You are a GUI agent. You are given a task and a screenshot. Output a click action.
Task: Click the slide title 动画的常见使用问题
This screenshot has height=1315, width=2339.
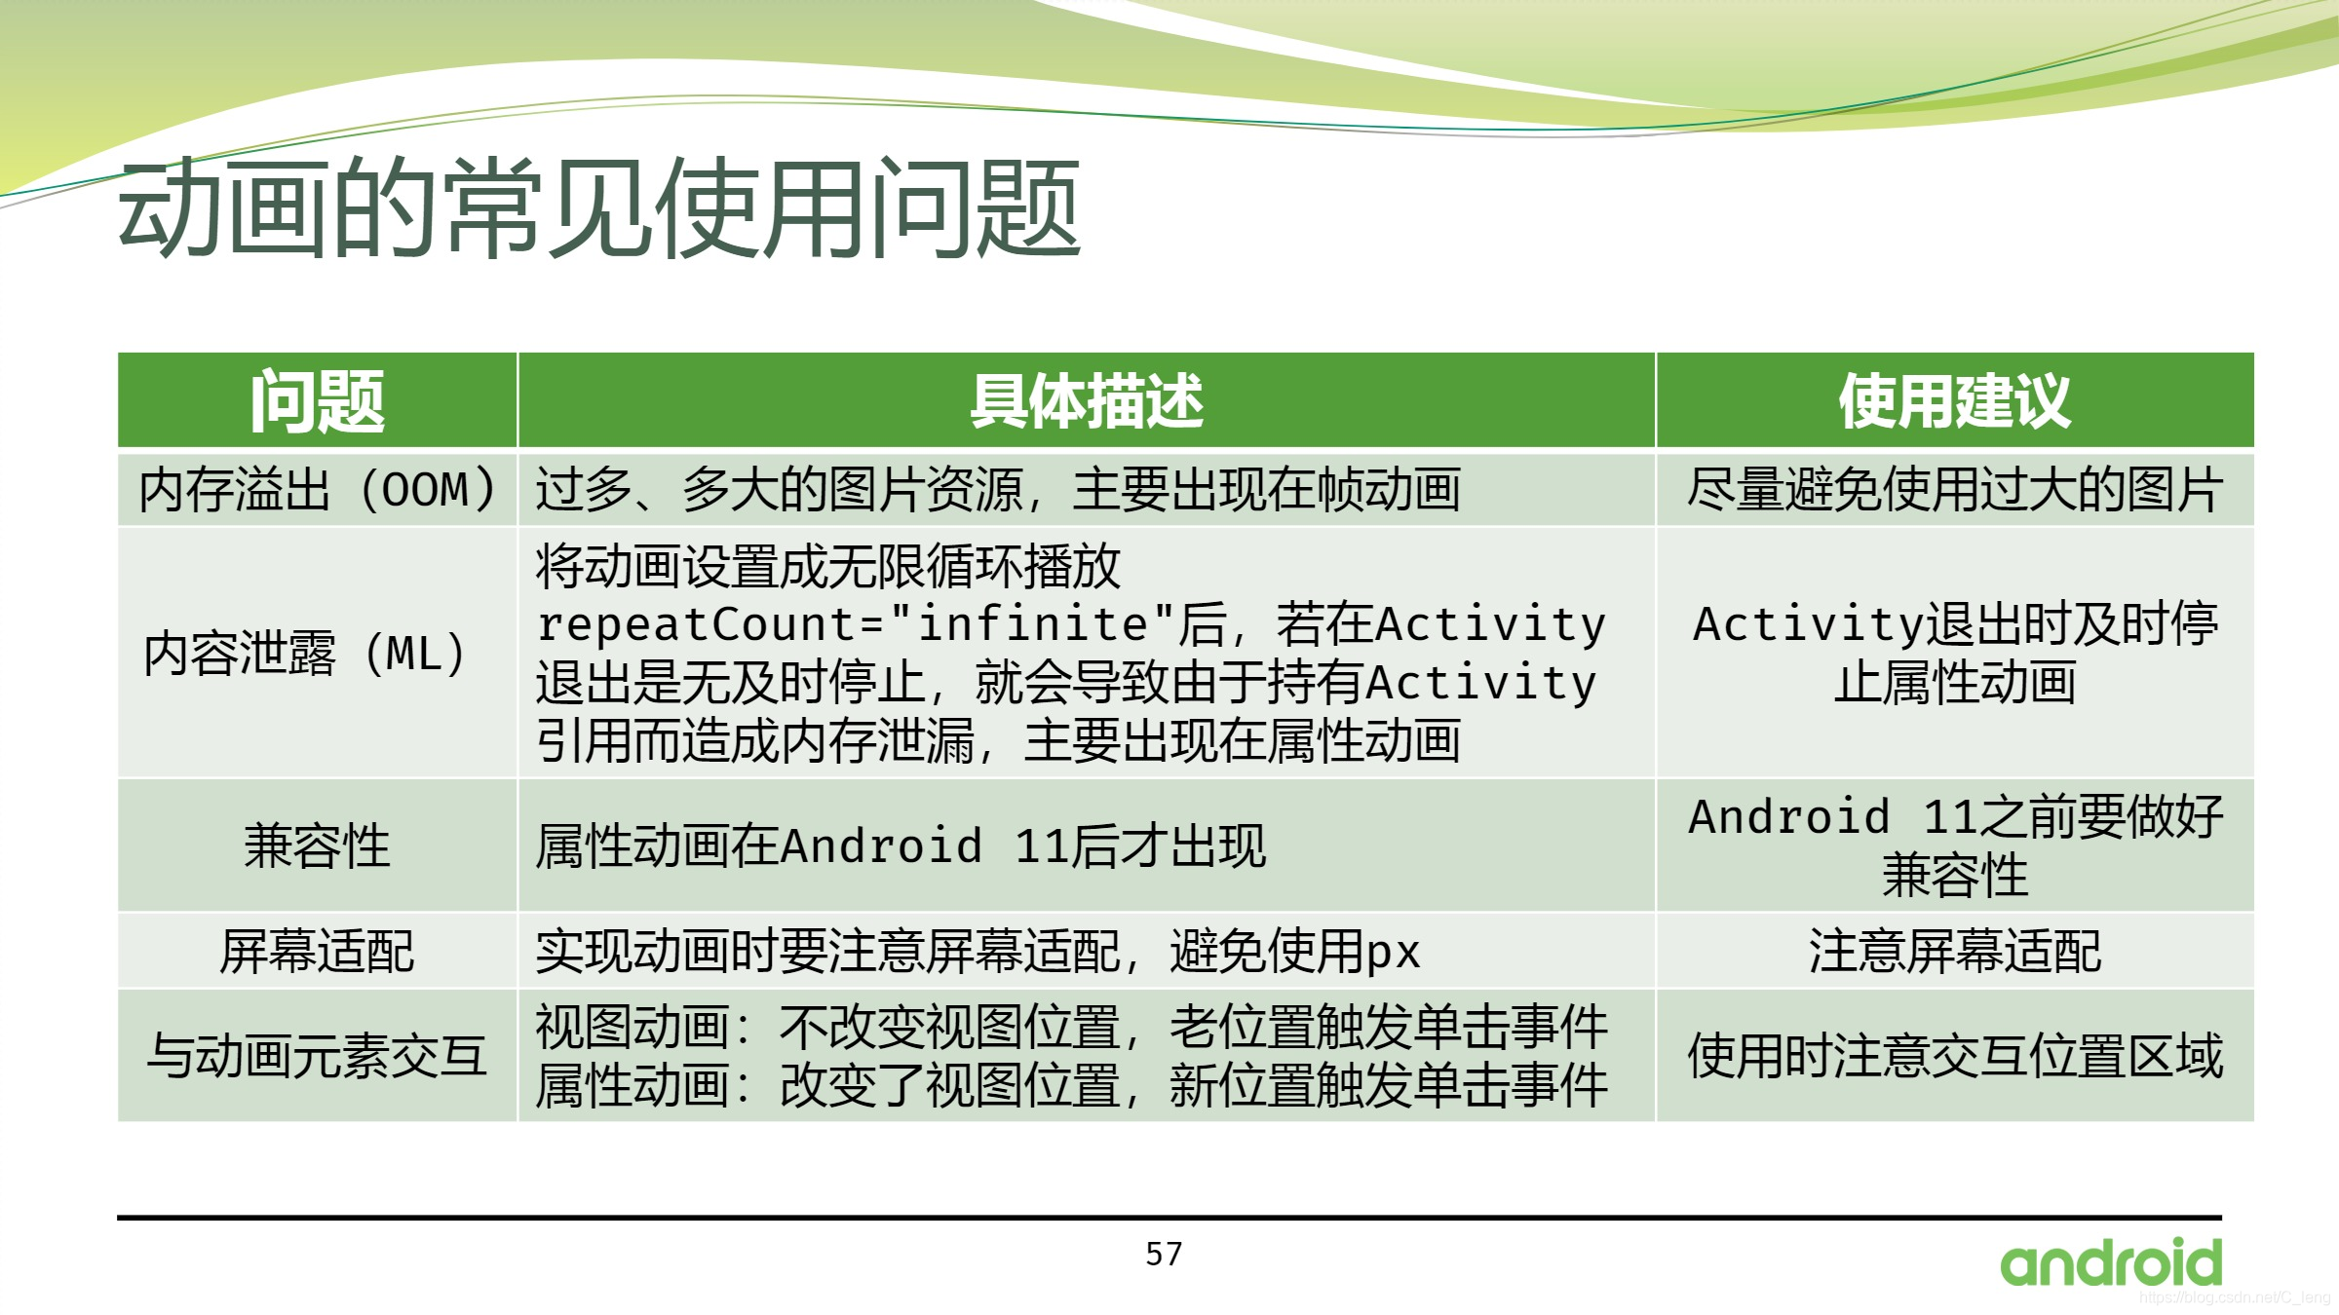tap(598, 209)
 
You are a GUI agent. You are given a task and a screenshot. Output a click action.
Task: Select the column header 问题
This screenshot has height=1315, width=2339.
tap(317, 401)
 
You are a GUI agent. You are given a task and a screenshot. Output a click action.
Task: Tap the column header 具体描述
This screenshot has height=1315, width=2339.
tap(1086, 401)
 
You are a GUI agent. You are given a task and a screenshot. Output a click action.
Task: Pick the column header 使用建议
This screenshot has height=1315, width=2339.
tap(1954, 401)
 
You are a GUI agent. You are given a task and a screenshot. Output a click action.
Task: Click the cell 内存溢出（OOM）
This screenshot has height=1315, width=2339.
tap(317, 490)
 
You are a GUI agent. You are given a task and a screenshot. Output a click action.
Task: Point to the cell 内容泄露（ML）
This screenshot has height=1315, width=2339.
tap(306, 654)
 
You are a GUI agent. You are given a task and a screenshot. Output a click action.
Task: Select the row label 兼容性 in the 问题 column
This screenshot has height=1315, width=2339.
tap(317, 845)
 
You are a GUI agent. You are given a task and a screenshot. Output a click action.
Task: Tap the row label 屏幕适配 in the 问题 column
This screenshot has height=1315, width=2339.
tap(317, 952)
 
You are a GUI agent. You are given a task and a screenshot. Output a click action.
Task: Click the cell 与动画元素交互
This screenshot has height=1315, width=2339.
tap(317, 1056)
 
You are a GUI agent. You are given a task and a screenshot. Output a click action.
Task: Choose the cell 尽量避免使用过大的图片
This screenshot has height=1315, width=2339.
tap(1954, 490)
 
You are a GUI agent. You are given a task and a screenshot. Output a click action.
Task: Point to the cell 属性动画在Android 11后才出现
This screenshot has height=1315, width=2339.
tap(901, 845)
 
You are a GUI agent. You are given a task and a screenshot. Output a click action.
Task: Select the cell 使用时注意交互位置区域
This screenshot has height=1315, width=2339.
tap(1954, 1056)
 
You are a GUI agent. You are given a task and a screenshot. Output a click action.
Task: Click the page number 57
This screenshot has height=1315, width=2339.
tap(1164, 1255)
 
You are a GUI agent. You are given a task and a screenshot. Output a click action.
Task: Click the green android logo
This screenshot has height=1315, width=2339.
tap(2111, 1263)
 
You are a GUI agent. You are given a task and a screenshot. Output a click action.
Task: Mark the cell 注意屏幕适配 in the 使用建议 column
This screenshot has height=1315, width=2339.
tap(1954, 952)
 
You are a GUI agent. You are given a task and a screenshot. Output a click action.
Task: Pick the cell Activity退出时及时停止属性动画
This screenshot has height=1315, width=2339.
tap(1954, 653)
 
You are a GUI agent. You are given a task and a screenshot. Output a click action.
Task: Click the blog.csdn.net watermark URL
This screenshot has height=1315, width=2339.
tap(2234, 1297)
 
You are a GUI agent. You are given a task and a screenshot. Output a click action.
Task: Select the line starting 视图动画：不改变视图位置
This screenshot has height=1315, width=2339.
tap(1070, 1028)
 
